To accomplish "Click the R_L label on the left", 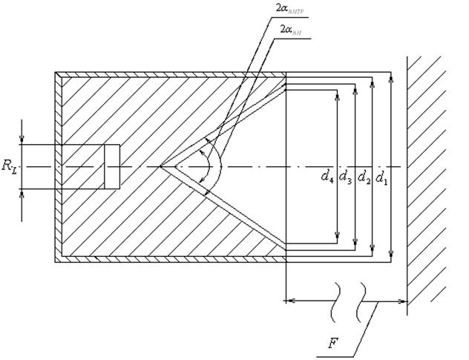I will pyautogui.click(x=9, y=168).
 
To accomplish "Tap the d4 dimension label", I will pyautogui.click(x=327, y=176).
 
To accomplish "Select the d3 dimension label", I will pyautogui.click(x=345, y=176).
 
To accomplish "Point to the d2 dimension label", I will pyautogui.click(x=364, y=176).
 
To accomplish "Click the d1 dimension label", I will pyautogui.click(x=381, y=176).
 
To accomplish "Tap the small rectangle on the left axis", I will pyautogui.click(x=111, y=166).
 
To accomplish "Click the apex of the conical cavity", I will pyautogui.click(x=160, y=166).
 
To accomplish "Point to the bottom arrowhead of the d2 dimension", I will pyautogui.click(x=373, y=248).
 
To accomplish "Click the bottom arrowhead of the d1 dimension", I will pyautogui.click(x=391, y=257).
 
